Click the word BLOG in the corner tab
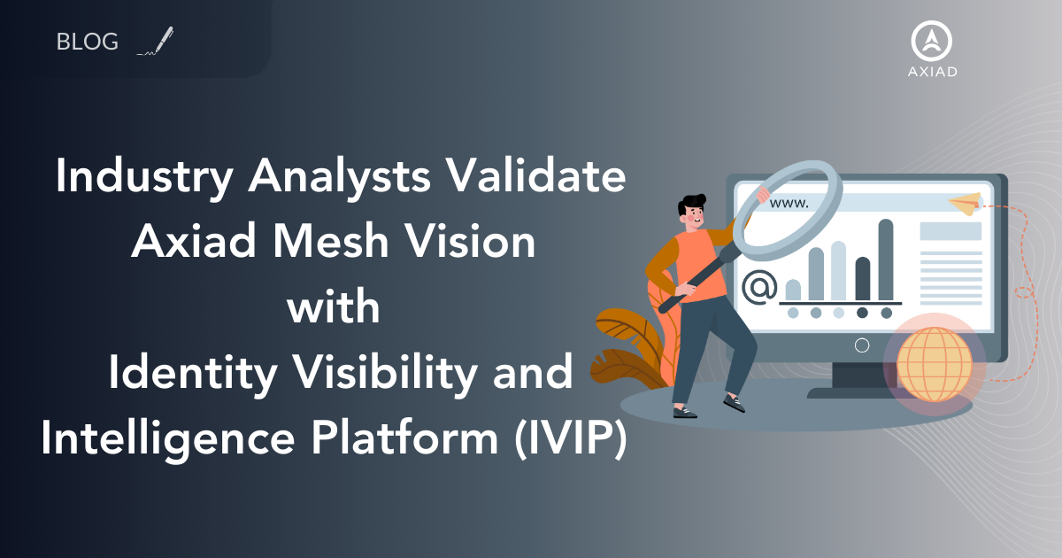pyautogui.click(x=87, y=42)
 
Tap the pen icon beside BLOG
pyautogui.click(x=157, y=42)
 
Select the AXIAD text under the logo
pyautogui.click(x=933, y=72)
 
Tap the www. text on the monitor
pyautogui.click(x=789, y=203)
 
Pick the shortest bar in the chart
pyautogui.click(x=793, y=290)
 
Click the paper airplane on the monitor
pyautogui.click(x=965, y=204)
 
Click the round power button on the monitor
pyautogui.click(x=862, y=345)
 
